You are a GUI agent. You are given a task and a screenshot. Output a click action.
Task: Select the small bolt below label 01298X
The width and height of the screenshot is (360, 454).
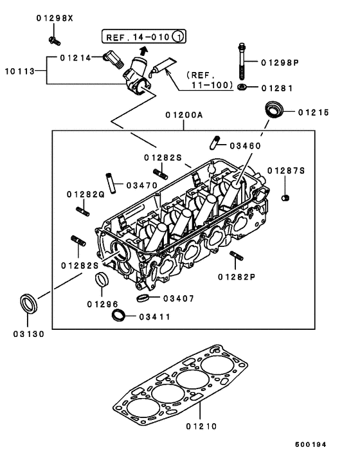53,41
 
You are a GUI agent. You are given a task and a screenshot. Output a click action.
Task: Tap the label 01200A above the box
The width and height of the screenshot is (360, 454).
184,115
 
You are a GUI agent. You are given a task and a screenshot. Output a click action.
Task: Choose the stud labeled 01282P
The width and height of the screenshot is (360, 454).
235,257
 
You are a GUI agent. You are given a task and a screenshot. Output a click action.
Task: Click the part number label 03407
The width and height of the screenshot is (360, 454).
176,298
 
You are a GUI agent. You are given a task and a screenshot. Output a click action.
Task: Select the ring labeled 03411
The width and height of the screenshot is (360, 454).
118,315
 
